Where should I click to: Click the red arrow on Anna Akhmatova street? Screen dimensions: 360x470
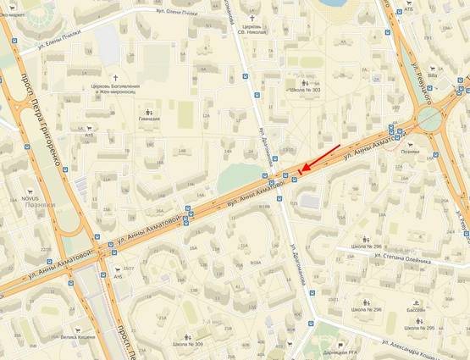322,158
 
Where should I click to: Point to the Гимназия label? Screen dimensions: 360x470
150,120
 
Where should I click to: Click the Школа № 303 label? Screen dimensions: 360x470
305,89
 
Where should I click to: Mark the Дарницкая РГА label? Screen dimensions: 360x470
346,352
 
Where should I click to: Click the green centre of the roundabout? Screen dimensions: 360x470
429,119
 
